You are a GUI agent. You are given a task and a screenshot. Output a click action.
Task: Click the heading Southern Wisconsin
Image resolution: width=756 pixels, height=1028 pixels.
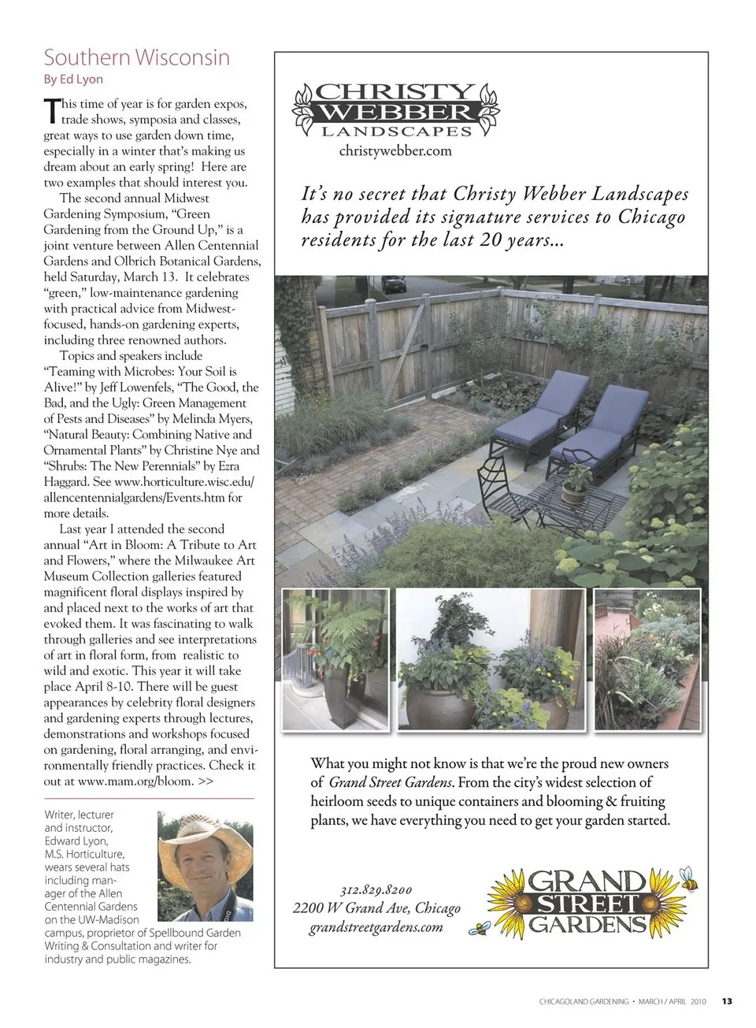pos(137,58)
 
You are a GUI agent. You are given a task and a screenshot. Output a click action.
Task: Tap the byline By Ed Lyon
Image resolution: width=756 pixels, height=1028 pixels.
pos(73,79)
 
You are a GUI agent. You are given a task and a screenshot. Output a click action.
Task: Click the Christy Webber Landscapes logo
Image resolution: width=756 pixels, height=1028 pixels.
pos(396,111)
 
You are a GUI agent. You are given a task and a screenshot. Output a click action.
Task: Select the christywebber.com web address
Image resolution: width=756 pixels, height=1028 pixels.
pos(395,150)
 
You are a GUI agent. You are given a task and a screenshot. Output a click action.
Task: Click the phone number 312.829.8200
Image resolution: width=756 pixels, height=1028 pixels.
pos(376,890)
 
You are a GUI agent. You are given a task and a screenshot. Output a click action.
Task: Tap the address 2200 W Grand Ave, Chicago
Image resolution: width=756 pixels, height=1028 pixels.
pos(376,908)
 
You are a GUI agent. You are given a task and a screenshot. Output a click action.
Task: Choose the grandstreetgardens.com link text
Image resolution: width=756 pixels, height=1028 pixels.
pos(376,926)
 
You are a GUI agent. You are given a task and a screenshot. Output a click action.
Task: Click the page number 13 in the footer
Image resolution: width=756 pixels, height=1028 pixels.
pos(727,1002)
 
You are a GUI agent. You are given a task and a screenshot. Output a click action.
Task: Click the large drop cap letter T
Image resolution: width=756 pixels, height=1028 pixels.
pos(51,110)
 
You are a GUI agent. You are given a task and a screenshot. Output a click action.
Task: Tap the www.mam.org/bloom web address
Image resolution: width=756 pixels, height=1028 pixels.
pos(135,781)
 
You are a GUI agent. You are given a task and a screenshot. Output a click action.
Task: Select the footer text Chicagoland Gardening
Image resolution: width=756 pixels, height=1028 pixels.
pos(584,1002)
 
